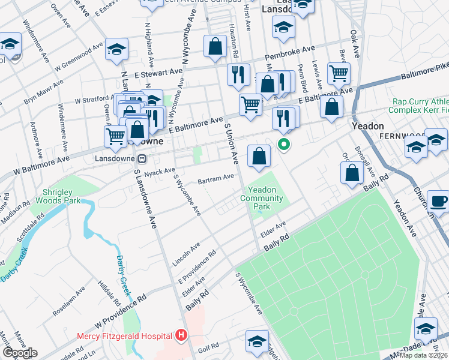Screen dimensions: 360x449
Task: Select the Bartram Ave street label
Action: [x=216, y=178]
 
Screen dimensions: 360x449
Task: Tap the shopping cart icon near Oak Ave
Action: [x=339, y=73]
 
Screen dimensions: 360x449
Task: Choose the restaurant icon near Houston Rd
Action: [x=238, y=74]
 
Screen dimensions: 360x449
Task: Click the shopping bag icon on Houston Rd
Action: [x=215, y=46]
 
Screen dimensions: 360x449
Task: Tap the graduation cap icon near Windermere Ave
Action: [x=10, y=44]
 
